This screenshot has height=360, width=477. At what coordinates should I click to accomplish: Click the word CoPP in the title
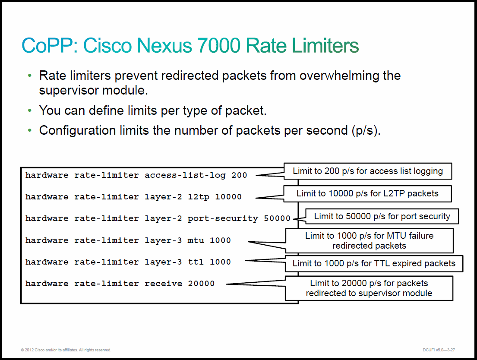[x=47, y=46]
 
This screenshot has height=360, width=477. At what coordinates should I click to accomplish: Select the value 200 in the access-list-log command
[x=239, y=175]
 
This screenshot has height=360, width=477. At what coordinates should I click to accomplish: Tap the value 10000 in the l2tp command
[x=228, y=197]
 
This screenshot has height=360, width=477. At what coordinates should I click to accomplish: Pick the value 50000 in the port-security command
[x=277, y=218]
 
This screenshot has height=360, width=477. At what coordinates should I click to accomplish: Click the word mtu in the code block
[x=196, y=240]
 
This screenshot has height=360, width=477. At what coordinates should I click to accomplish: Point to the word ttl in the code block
[x=196, y=262]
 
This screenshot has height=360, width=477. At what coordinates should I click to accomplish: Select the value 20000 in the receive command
[x=201, y=284]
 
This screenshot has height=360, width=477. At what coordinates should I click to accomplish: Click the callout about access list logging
[x=368, y=171]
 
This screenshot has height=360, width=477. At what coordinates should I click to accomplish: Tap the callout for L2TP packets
[x=367, y=193]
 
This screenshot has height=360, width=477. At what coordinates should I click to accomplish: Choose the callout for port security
[x=382, y=216]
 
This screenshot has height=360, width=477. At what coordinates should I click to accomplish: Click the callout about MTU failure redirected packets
[x=370, y=241]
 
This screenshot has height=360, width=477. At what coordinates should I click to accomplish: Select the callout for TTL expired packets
[x=374, y=264]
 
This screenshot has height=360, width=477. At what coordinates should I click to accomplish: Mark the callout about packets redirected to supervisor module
[x=369, y=288]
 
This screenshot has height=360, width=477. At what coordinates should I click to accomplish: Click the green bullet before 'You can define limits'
[x=29, y=111]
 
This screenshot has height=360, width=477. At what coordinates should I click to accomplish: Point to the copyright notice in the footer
[x=66, y=350]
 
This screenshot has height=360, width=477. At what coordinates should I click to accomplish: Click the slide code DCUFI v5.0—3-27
[x=439, y=350]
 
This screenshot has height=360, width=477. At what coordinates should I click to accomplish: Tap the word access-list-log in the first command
[x=185, y=176]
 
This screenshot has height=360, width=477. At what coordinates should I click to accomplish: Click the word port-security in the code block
[x=223, y=219]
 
